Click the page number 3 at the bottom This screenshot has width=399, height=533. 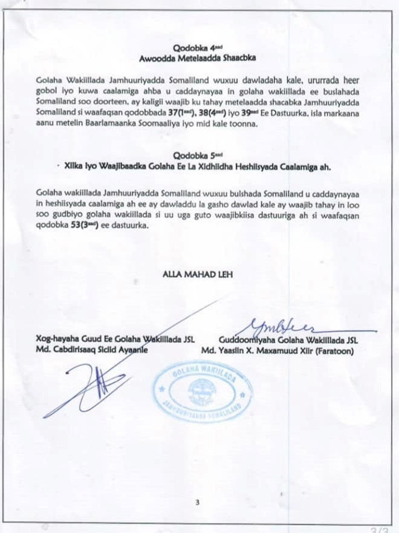point(197,502)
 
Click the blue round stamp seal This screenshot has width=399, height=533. point(203,391)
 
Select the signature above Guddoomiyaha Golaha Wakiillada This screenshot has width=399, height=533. point(284,327)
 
